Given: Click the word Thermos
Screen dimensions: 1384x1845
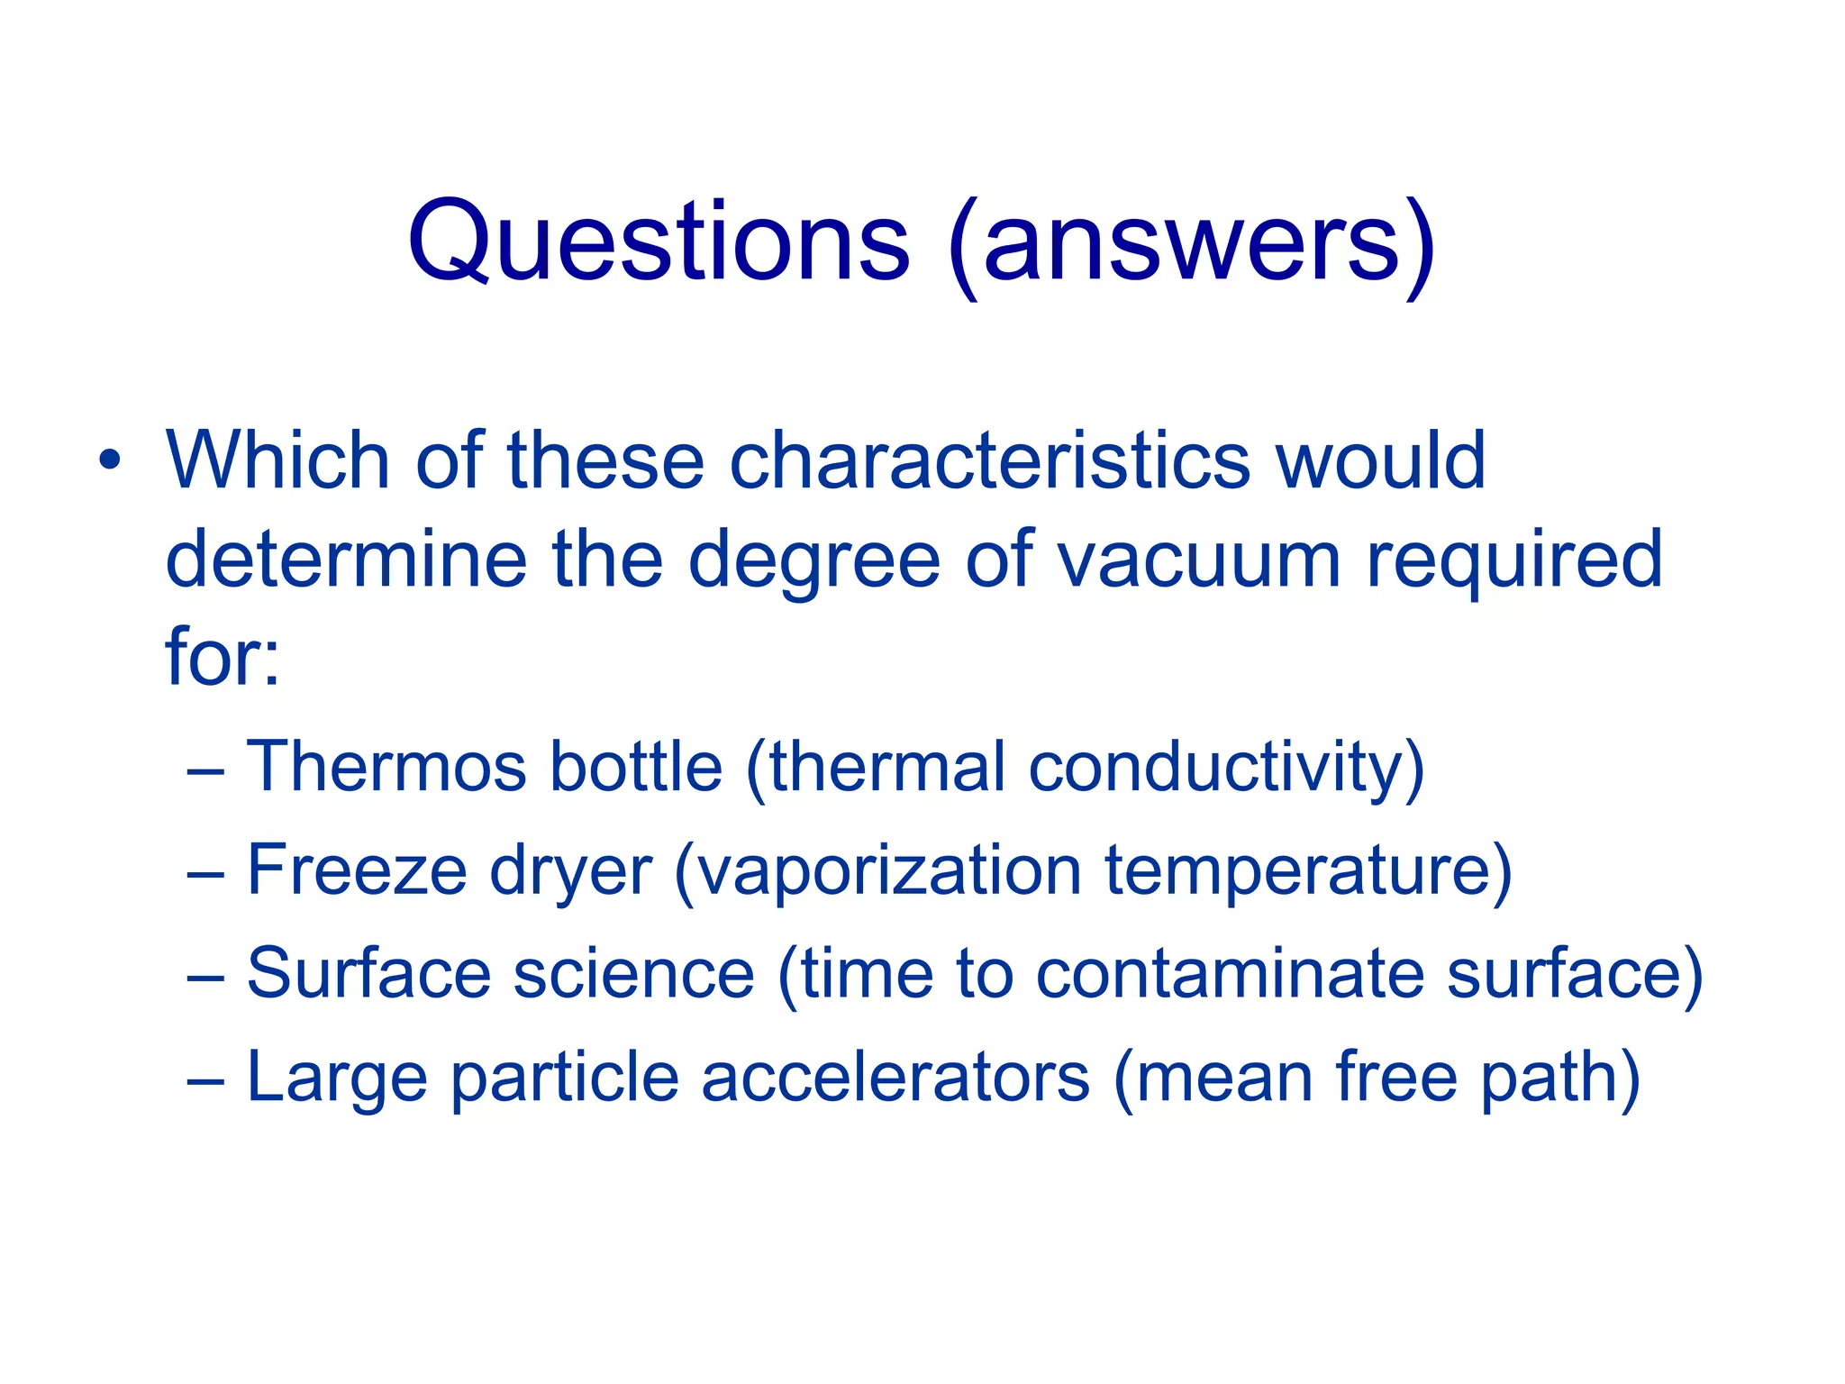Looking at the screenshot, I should tap(386, 767).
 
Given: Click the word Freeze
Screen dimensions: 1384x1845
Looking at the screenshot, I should tap(358, 870).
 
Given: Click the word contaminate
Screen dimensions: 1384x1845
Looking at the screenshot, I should tap(1229, 974).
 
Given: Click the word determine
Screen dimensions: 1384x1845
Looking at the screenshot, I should tap(346, 560).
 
